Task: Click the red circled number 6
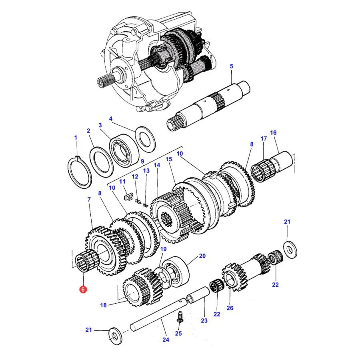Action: tap(83, 289)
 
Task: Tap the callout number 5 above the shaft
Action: tap(231, 66)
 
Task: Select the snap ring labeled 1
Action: tap(80, 172)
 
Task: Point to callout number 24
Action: tap(166, 340)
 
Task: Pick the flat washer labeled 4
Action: tap(145, 140)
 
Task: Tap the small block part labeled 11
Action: tap(128, 197)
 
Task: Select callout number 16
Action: tap(273, 133)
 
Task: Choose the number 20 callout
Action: tap(202, 256)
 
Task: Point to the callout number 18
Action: tap(103, 305)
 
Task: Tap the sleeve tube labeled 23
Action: tap(198, 294)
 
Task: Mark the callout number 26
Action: tap(230, 308)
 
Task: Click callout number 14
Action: tap(157, 165)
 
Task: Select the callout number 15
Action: tap(169, 159)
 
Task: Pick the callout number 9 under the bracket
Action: tap(142, 161)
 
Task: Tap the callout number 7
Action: tap(89, 200)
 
